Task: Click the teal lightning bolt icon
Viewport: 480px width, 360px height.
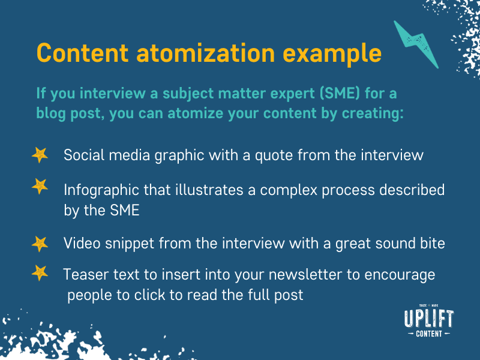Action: (415, 44)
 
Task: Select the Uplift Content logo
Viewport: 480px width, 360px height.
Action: (429, 323)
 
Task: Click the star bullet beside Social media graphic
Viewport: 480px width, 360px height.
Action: (40, 155)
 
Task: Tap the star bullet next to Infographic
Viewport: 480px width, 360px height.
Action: (40, 187)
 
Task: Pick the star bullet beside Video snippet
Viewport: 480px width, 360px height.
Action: (40, 243)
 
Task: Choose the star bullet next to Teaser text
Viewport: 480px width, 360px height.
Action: (40, 273)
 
